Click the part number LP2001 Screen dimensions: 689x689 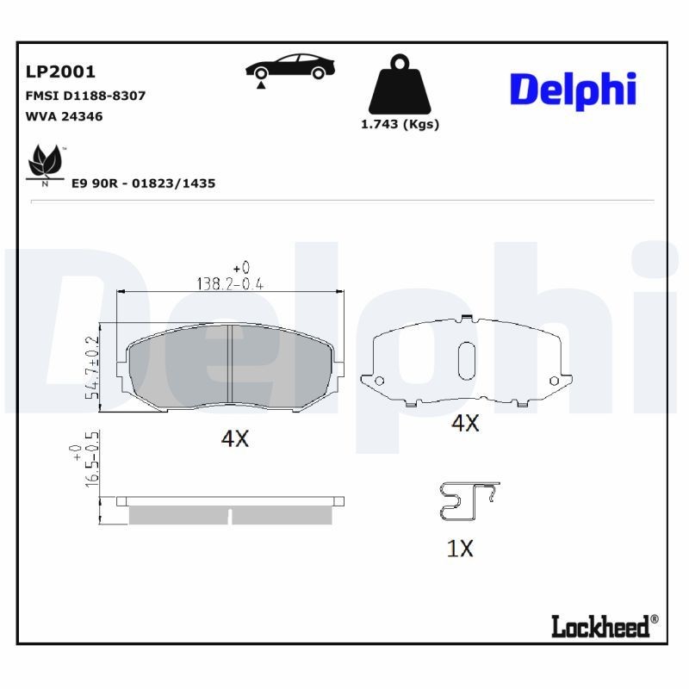[61, 71]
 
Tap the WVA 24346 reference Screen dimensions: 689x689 [65, 116]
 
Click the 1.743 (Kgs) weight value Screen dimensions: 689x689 [399, 124]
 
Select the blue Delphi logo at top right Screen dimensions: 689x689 [573, 90]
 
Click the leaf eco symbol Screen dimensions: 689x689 [46, 163]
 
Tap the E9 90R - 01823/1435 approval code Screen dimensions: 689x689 [144, 183]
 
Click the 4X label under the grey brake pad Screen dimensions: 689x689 [234, 438]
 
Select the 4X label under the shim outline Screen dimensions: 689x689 [465, 423]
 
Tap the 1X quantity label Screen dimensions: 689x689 [460, 549]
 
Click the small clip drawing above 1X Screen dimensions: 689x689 [467, 501]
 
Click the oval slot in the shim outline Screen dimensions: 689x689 [466, 359]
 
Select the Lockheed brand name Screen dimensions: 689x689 [600, 626]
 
